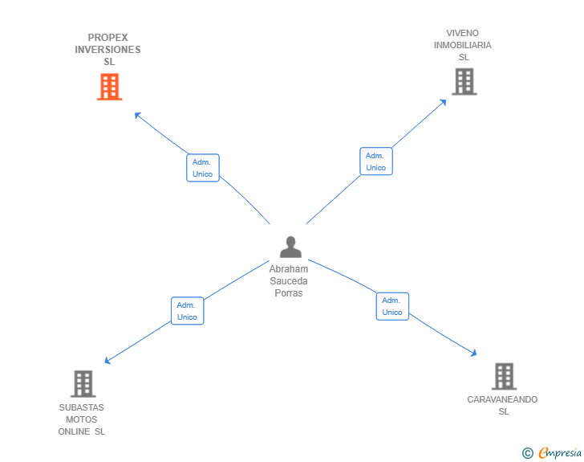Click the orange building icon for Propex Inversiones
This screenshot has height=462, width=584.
pos(109,87)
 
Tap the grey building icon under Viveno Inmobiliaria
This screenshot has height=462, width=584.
pos(464,81)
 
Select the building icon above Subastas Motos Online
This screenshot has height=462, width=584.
pos(83,384)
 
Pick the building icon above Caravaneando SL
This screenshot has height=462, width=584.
pos(503,376)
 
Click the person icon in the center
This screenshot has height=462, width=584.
pos(290,247)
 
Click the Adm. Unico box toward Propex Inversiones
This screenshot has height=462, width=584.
pos(202,168)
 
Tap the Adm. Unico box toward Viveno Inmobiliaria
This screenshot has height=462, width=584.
pos(375,161)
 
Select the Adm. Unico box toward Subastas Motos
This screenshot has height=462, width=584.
pos(187,311)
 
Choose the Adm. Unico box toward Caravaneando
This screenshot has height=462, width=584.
pos(392,306)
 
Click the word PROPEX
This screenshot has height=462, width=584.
pos(107,38)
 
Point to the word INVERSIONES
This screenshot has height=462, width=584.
pos(107,50)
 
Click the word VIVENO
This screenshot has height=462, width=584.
pos(463,33)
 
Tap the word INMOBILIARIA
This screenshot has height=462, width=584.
pos(463,45)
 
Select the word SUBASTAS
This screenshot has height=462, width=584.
pos(81,407)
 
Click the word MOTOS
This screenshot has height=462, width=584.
pos(81,419)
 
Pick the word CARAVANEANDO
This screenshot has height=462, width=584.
pos(502,399)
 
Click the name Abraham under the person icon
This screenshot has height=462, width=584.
pos(289,269)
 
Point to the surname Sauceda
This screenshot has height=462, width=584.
pos(289,281)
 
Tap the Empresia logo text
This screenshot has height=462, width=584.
pos(560,453)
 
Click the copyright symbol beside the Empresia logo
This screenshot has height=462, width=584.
pos(527,453)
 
